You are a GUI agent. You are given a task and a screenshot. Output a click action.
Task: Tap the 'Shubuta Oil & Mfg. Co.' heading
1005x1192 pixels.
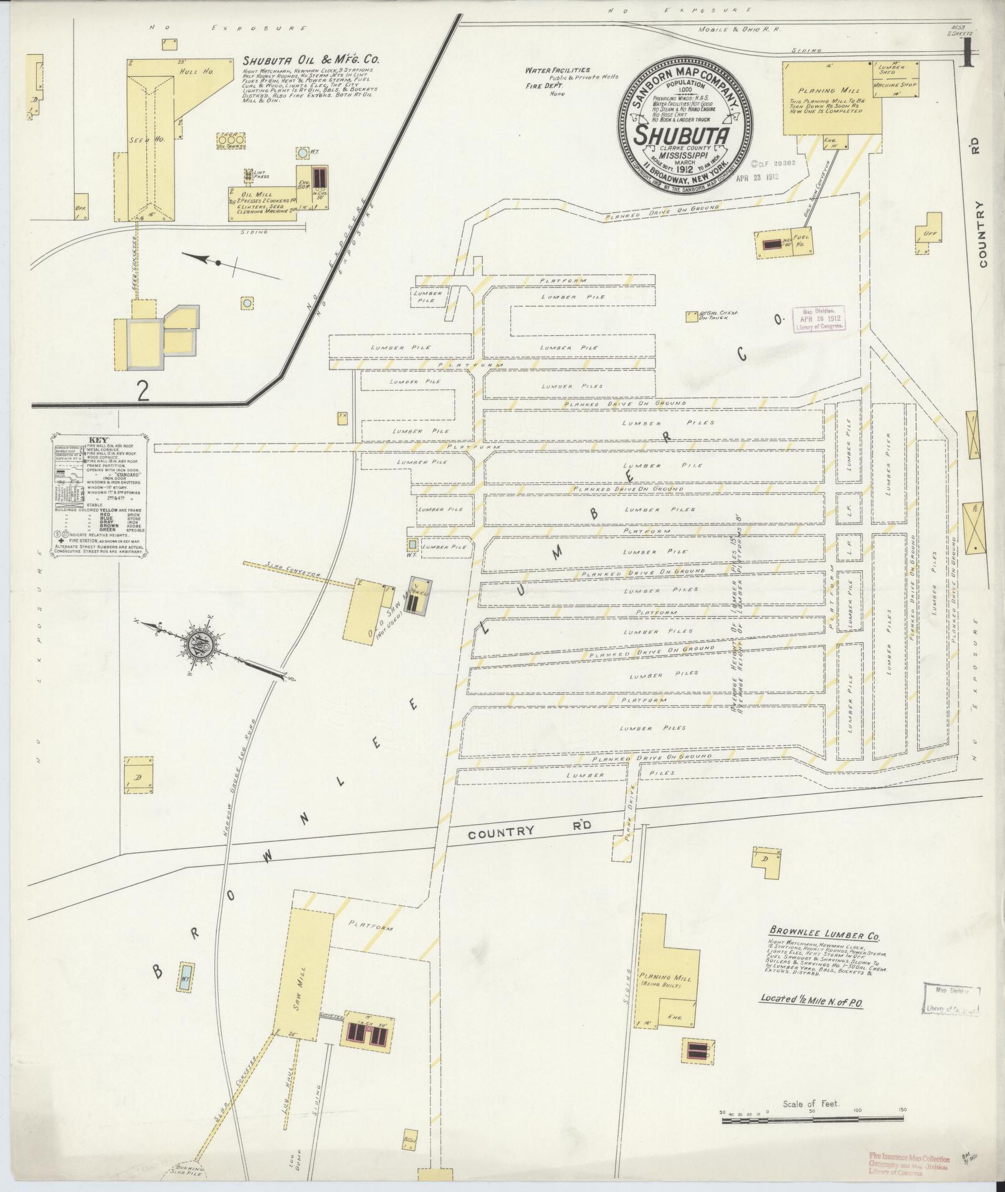[x=311, y=61]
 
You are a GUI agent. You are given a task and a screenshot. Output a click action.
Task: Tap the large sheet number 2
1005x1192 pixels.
[x=143, y=390]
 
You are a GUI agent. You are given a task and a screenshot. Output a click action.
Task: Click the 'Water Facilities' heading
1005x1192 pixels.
[x=556, y=70]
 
